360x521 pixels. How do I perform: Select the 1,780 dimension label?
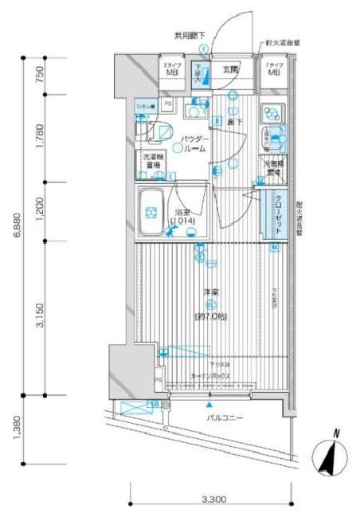click(x=40, y=137)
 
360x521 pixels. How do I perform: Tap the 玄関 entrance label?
click(x=231, y=69)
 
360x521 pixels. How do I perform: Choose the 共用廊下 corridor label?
click(x=190, y=36)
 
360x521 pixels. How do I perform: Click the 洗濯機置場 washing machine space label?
click(x=154, y=162)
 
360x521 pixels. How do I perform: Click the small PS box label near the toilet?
click(x=167, y=104)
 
